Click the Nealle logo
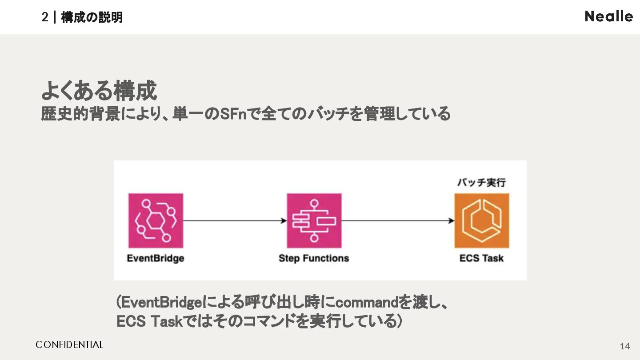click(x=608, y=16)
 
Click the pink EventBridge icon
click(x=156, y=220)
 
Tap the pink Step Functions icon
click(x=314, y=220)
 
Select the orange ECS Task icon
click(x=481, y=220)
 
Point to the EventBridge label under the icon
click(x=156, y=258)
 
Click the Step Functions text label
click(x=314, y=258)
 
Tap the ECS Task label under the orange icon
click(x=481, y=258)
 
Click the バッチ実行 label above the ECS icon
click(x=481, y=182)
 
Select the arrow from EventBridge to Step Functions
click(x=235, y=220)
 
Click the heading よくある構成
click(x=99, y=91)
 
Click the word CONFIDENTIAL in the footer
click(x=69, y=345)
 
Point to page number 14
click(x=624, y=346)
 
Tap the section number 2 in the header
click(x=44, y=17)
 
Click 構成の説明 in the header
click(x=92, y=17)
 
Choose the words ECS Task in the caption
click(x=150, y=321)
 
